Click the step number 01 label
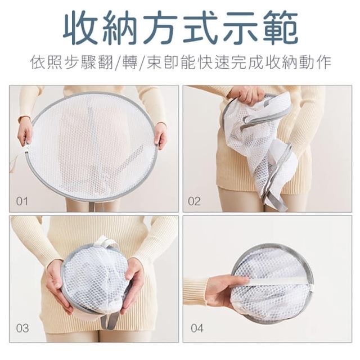click(22, 201)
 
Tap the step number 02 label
click(194, 201)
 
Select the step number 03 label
click(22, 328)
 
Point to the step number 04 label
click(197, 328)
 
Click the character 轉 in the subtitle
click(130, 62)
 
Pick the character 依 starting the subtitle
click(38, 62)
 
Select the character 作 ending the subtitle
click(323, 62)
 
